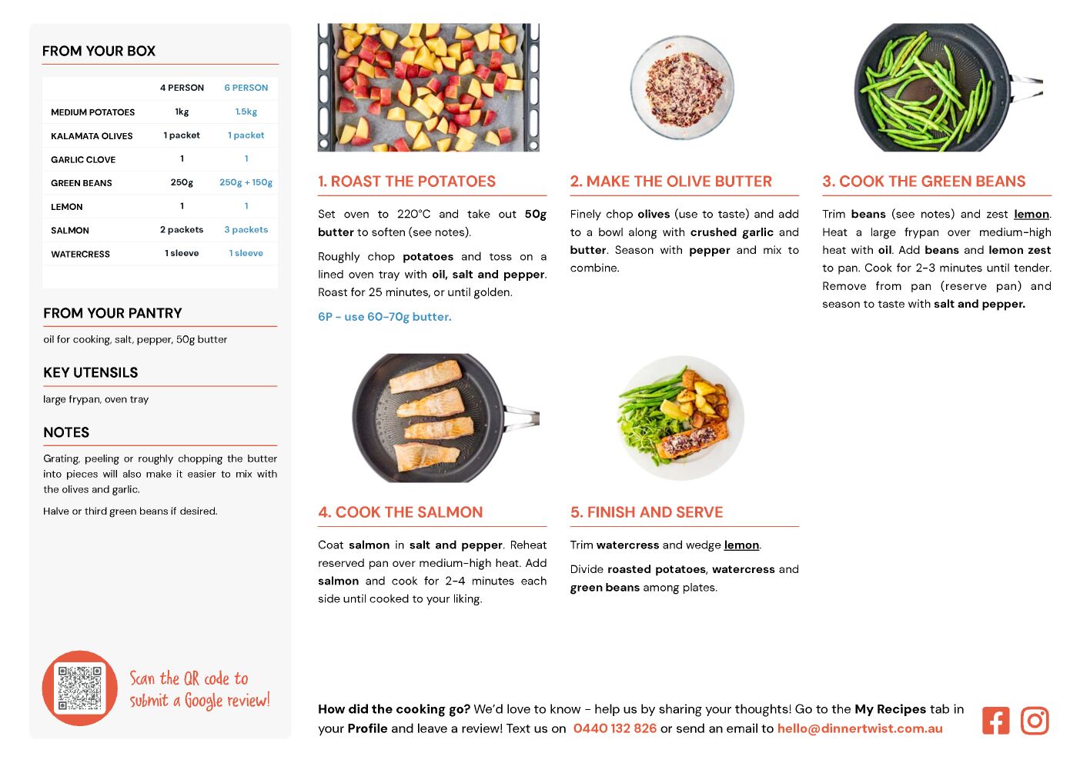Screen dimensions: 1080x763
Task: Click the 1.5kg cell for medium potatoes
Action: [246, 112]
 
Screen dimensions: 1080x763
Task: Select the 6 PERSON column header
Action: [246, 88]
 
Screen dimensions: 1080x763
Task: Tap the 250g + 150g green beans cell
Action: [246, 182]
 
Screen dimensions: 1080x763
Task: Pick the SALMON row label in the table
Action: [70, 230]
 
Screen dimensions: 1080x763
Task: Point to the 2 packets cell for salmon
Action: [182, 230]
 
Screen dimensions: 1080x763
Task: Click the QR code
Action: [80, 688]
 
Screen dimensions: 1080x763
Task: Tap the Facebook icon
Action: [995, 721]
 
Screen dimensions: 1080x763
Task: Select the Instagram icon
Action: [1035, 721]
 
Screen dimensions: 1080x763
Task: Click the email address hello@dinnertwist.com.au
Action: [860, 728]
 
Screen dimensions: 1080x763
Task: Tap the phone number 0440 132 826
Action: [615, 728]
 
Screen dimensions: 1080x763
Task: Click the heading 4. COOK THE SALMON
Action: [400, 512]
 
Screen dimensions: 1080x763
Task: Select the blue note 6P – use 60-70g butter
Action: [385, 317]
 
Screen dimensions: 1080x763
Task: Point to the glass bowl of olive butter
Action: [682, 88]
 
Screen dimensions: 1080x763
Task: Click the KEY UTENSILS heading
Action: [91, 372]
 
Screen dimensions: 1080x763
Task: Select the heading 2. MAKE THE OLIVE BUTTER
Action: [671, 181]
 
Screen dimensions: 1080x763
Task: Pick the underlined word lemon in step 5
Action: [741, 545]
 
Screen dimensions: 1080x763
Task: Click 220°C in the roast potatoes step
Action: [413, 214]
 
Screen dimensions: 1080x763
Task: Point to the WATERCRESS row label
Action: [81, 254]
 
